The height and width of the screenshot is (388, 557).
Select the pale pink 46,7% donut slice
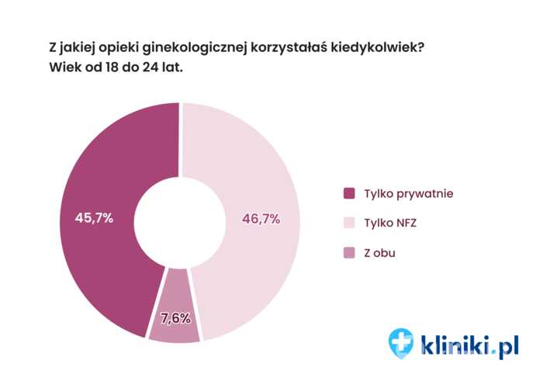coord(256,171)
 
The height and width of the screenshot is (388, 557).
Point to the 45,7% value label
coord(94,218)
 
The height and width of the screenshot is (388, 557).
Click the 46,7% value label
coord(261,219)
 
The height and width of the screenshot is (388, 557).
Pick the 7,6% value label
coord(175,317)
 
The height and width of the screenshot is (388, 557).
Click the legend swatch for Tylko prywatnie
coord(348,192)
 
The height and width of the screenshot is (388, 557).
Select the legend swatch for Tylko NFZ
coord(348,223)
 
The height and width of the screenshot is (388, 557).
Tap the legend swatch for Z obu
coord(348,253)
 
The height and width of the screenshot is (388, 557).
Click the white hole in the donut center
coord(179,221)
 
